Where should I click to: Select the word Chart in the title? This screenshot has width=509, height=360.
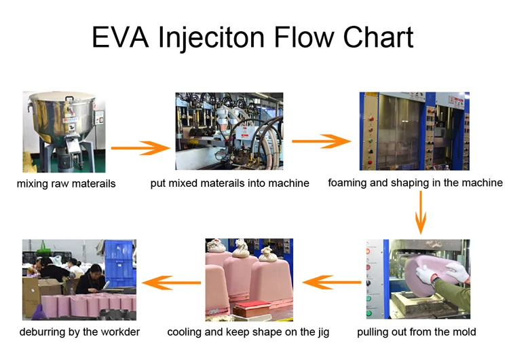pyautogui.click(x=379, y=37)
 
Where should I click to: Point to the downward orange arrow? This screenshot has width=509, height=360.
pyautogui.click(x=421, y=212)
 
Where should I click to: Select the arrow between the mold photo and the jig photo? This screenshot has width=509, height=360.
pyautogui.click(x=331, y=280)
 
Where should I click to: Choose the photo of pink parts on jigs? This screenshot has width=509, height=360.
pyautogui.click(x=249, y=279)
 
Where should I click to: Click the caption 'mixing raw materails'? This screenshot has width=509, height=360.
pyautogui.click(x=66, y=183)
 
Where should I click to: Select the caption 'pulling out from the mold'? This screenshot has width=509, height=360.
pyautogui.click(x=417, y=332)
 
